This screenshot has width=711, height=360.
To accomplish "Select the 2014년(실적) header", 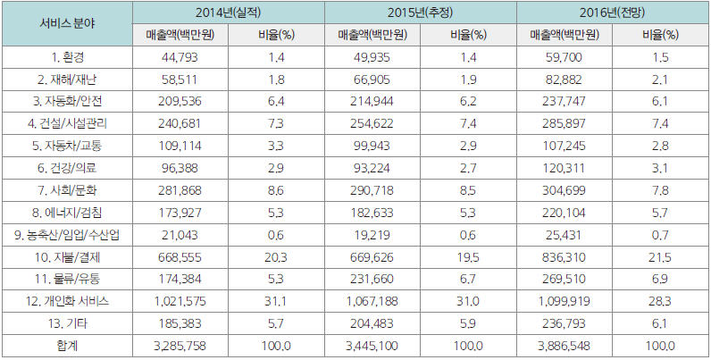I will coord(229,12).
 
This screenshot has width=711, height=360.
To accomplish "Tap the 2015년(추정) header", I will coord(420,12).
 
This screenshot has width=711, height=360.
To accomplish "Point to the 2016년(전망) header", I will coord(611,12).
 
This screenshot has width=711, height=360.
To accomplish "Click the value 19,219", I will coord(372,238).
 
